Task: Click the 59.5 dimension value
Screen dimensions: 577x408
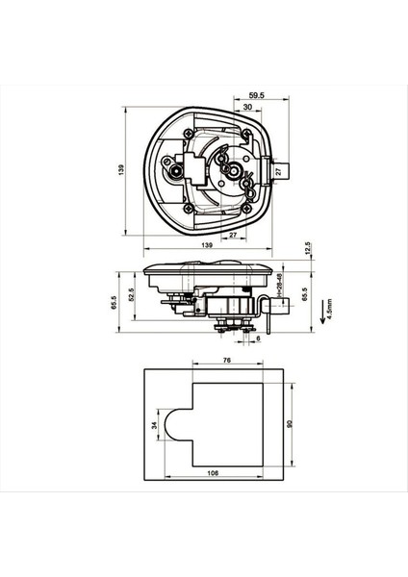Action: point(255,96)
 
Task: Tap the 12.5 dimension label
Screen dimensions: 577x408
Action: point(307,249)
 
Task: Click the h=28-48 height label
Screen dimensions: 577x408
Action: point(279,288)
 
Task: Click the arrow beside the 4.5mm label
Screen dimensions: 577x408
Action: point(319,308)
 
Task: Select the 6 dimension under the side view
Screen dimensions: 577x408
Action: point(258,339)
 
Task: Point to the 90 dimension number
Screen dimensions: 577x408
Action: point(289,422)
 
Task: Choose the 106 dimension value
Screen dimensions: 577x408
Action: point(213,472)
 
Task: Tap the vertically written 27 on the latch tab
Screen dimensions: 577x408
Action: point(278,170)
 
